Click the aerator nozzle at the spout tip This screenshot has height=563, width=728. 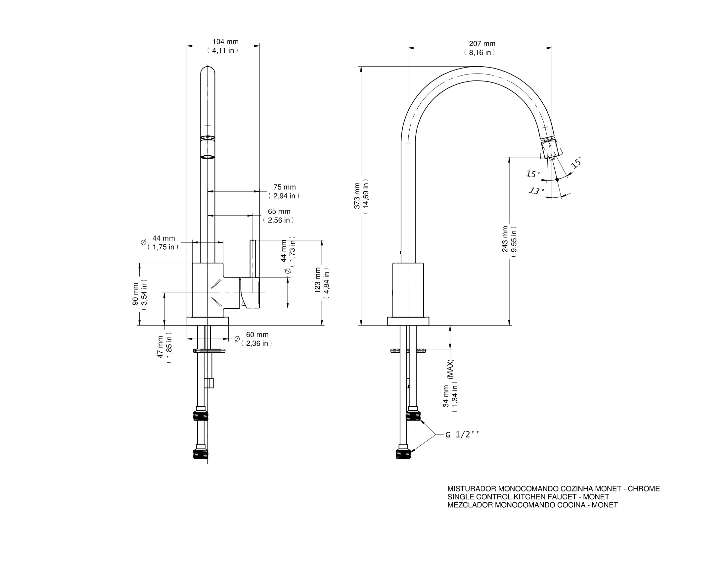(549, 148)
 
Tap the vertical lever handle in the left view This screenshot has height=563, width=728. (253, 259)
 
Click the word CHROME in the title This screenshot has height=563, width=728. (644, 488)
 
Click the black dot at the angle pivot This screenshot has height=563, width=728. (557, 179)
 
